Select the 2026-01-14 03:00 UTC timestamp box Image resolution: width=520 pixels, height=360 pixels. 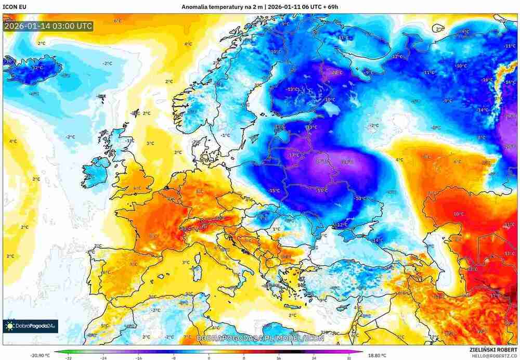[48, 25]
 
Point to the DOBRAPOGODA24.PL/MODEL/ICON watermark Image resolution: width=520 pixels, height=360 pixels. [260, 338]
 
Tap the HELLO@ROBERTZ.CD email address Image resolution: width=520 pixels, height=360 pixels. [493, 356]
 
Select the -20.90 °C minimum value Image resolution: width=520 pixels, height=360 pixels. [41, 355]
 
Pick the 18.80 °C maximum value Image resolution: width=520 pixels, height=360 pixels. [378, 355]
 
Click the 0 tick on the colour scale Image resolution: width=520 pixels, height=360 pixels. [209, 358]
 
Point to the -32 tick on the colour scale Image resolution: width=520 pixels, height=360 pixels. [68, 358]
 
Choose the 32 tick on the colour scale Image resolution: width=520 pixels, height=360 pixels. [349, 358]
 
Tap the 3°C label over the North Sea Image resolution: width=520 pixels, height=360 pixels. [150, 144]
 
